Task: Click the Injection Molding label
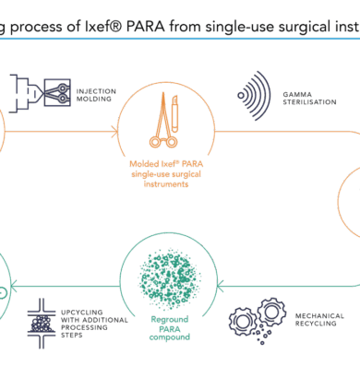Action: coord(96,95)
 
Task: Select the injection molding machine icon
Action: coord(40,93)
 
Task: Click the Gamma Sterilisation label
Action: coord(309,98)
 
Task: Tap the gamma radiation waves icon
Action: coord(254,96)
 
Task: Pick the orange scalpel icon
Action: coord(174,113)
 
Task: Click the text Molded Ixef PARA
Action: coord(166,164)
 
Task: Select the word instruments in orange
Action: coord(166,184)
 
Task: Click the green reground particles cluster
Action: coord(169,278)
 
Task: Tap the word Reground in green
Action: coord(170,320)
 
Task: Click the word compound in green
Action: coord(170,337)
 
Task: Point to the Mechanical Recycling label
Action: coord(319,320)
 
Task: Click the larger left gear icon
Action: coord(243,322)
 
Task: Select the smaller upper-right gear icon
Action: coord(271,313)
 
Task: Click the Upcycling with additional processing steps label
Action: coord(94,324)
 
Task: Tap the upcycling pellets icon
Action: coord(42,324)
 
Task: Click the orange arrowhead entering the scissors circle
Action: coord(114,132)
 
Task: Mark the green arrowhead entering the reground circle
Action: coord(220,287)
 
